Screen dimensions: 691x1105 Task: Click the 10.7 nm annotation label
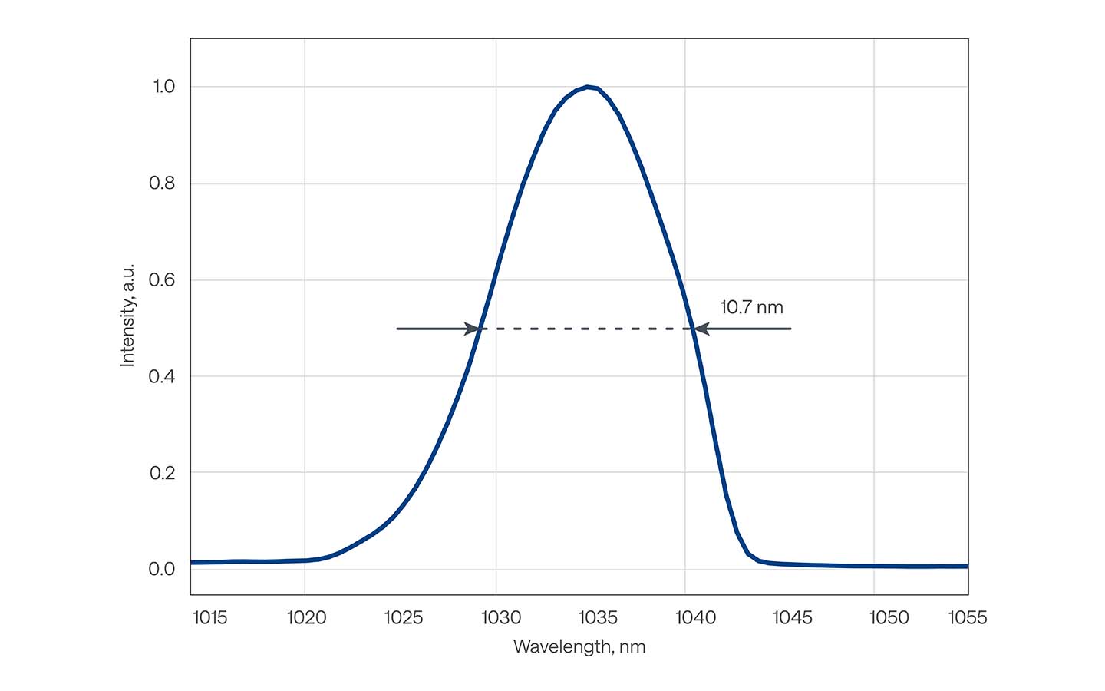tap(751, 308)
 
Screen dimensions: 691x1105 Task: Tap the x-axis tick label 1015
tap(209, 617)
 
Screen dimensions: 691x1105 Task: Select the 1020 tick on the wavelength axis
tap(306, 617)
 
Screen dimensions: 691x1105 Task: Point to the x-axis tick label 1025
tap(403, 617)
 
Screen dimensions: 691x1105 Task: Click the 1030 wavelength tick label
tap(501, 617)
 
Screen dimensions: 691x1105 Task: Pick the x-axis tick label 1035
tap(598, 617)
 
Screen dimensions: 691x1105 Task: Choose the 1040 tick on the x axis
tap(695, 617)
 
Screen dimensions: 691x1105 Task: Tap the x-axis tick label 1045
tap(792, 617)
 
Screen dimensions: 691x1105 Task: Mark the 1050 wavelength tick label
tap(889, 617)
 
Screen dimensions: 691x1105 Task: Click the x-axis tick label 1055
tap(967, 617)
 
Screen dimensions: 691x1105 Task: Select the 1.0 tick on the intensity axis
tap(163, 87)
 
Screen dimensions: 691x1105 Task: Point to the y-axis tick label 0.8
tap(162, 183)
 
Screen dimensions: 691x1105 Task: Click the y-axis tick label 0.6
tap(162, 280)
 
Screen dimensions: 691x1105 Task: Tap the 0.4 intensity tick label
tap(162, 376)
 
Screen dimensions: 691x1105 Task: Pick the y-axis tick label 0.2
tap(162, 473)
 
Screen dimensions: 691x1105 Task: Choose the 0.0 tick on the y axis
tap(162, 569)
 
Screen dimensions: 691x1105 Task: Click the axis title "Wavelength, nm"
tap(579, 647)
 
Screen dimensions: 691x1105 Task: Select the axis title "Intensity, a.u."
tap(127, 315)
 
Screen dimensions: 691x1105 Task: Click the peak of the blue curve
tap(587, 87)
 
